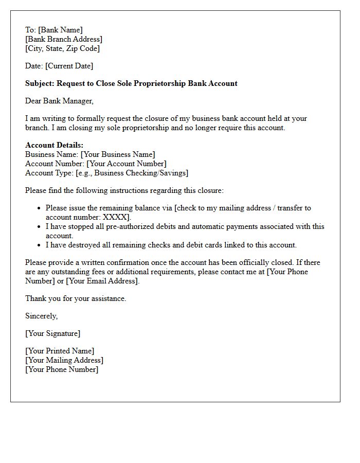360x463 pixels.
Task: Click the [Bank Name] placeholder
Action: point(60,30)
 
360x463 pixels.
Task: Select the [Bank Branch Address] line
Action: point(64,39)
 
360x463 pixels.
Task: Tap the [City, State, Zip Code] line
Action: point(62,48)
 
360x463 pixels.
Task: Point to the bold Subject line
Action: point(131,83)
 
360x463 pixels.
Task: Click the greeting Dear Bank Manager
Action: point(59,101)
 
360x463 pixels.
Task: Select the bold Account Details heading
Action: point(54,145)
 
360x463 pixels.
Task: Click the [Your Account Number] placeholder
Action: point(127,164)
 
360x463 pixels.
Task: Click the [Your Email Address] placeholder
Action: point(103,281)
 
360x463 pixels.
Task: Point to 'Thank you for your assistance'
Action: point(76,298)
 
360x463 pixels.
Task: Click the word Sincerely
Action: point(42,316)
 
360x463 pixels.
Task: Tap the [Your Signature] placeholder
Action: point(53,333)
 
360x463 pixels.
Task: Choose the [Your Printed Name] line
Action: point(60,351)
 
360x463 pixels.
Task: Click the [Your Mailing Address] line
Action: point(64,360)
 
